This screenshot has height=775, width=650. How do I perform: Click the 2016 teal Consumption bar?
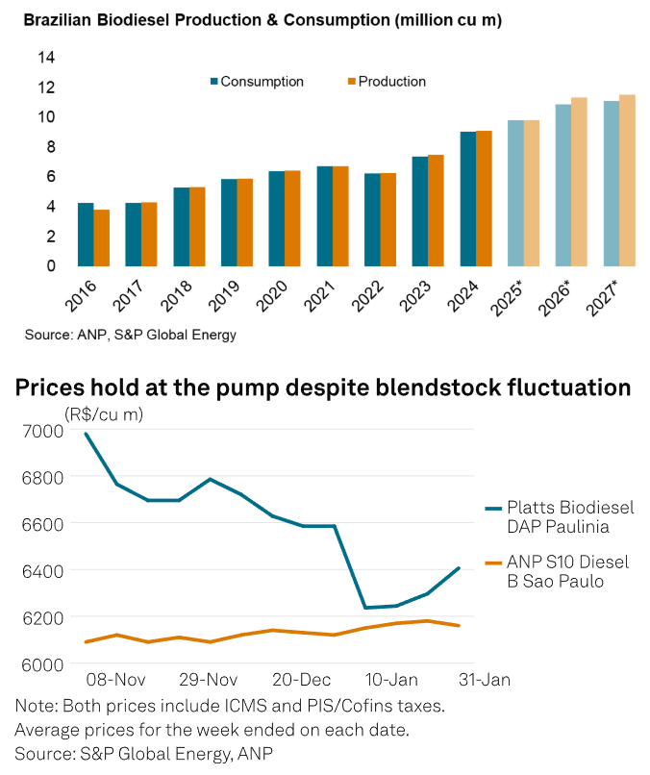(x=86, y=235)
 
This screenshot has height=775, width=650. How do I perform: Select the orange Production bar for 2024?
(x=484, y=198)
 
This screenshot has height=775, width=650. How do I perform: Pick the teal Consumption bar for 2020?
(x=277, y=218)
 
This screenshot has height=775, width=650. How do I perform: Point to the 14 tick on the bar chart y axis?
(x=46, y=57)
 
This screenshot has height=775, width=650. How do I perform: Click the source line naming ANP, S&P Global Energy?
(x=130, y=335)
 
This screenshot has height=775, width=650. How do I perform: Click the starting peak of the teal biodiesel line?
(x=87, y=434)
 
